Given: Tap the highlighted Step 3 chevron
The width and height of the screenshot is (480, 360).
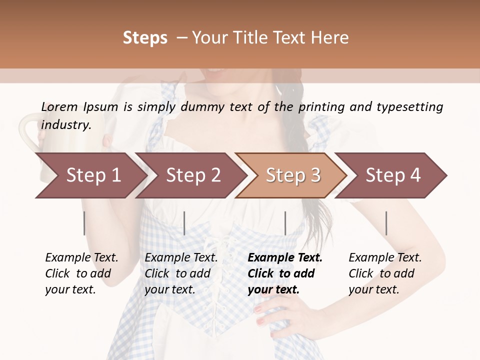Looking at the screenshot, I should coord(293,175).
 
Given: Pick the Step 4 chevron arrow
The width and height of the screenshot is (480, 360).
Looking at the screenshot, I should coord(393,175).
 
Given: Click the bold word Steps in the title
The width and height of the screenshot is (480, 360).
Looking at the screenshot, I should coord(145,38).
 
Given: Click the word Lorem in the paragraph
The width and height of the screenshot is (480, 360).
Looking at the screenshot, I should coord(59,106).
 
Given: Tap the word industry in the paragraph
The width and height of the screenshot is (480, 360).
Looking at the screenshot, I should coord(66,124).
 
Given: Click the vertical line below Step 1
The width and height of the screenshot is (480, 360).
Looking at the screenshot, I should coord(84,223).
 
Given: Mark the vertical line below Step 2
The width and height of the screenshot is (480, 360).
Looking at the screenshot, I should coord(184,223).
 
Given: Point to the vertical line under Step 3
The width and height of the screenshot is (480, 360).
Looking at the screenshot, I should coord(285,223).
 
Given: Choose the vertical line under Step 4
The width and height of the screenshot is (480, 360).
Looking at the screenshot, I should coord(386,223).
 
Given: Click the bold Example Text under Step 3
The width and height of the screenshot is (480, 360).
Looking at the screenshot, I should coord(285,258).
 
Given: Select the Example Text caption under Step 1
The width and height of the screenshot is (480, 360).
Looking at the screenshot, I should coord(81,258).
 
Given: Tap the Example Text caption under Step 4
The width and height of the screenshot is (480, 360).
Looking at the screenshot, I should coord(385,258).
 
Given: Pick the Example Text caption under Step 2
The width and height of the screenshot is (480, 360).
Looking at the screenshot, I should coord(181,258).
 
